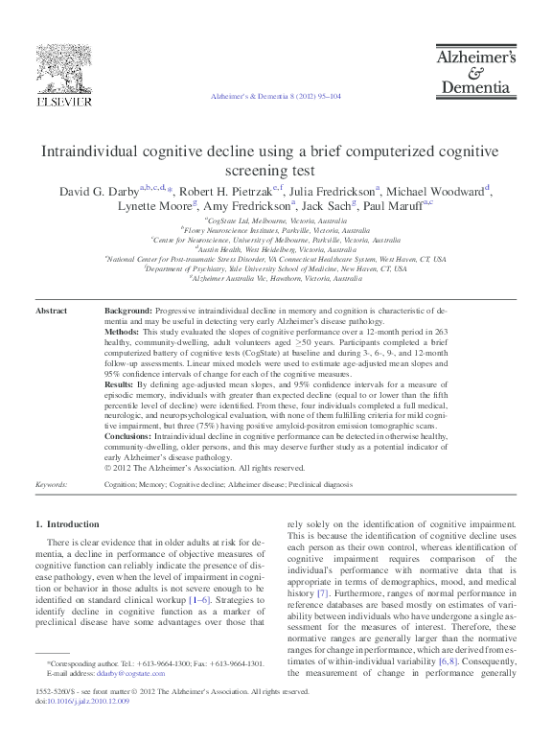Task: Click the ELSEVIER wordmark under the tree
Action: pyautogui.click(x=63, y=101)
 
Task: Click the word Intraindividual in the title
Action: pyautogui.click(x=87, y=152)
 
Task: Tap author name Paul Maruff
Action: pyautogui.click(x=391, y=206)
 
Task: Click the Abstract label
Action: pyautogui.click(x=51, y=312)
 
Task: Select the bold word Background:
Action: pyautogui.click(x=128, y=312)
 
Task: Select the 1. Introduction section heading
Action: pyautogui.click(x=66, y=524)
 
